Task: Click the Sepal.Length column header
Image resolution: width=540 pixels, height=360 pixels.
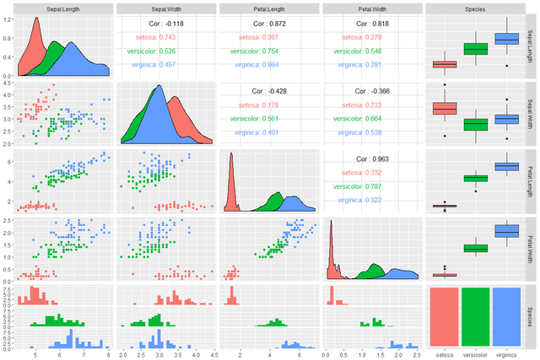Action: click(x=62, y=8)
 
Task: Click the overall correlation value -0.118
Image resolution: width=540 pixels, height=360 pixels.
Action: click(x=165, y=24)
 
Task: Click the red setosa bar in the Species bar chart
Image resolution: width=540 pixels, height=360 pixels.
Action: click(x=445, y=316)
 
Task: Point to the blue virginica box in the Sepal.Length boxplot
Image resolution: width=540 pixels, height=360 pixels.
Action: click(x=506, y=39)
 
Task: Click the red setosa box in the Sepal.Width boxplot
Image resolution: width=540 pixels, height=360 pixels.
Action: click(x=445, y=108)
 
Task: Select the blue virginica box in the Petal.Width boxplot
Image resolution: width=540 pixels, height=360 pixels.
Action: click(x=506, y=231)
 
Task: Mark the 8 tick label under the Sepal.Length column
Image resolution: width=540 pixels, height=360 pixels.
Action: click(x=107, y=355)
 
